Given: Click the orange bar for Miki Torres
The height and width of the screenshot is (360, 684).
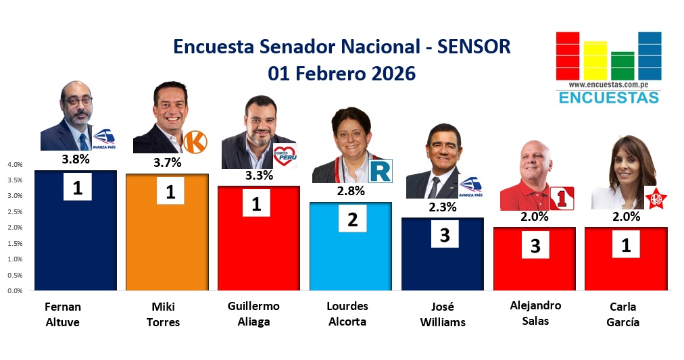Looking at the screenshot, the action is coord(167,232).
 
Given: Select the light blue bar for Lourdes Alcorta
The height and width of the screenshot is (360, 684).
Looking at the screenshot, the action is coord(351,247).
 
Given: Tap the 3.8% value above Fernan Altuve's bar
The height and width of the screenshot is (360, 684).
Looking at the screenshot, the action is coord(76,159).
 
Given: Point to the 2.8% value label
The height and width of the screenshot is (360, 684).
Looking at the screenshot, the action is coord(351,191).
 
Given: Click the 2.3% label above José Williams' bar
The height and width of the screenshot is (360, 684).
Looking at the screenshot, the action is coord(442,207).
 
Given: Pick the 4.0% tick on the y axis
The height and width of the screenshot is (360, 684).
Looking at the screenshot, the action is coord(15,164).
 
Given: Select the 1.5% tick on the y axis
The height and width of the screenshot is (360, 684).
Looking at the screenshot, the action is coord(15,243).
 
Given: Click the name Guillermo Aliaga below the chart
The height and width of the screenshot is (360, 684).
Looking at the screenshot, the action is coord(253,314).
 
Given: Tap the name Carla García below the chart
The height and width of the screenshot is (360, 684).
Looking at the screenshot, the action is coord(623,314).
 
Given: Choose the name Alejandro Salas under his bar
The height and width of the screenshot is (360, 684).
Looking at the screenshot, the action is coord(535,313).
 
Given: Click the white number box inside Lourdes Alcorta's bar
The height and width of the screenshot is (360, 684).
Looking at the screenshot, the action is coord(352,218).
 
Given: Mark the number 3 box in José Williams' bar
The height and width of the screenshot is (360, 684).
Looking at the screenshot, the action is coord(445,234).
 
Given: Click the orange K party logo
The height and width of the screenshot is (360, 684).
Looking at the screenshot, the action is coord(195,142).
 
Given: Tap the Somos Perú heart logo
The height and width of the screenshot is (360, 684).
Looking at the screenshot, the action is coord(285,156).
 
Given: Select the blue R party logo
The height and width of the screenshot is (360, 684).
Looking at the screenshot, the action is coord(381,171).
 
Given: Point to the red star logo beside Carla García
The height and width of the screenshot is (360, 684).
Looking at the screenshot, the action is coord(656,199).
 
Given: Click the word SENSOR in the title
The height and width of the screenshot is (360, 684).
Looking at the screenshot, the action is coord(474,47).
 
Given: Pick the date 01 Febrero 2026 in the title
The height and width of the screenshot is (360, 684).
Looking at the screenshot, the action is coord(341,73).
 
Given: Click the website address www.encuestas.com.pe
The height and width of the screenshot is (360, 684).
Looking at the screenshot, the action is coord(608,85).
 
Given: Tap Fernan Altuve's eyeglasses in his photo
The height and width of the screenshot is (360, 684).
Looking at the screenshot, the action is coord(78,101).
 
